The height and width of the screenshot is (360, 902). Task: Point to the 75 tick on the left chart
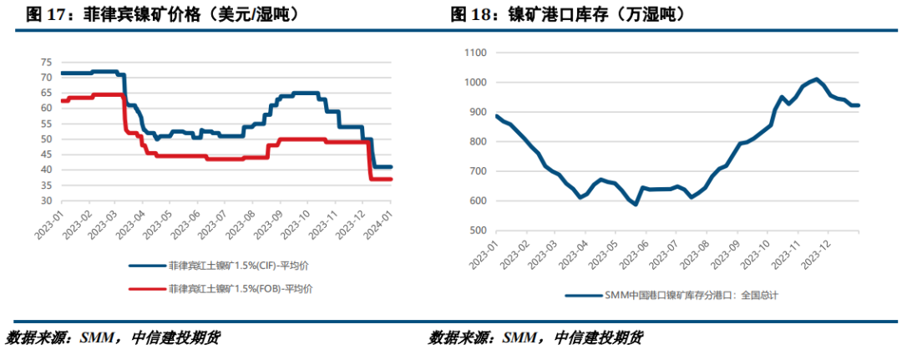pos(46,63)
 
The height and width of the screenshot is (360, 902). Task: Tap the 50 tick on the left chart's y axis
pos(46,139)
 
